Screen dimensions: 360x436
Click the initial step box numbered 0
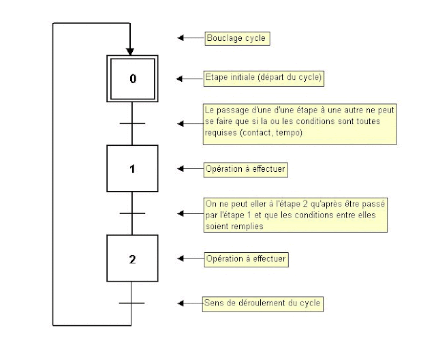pos(132,78)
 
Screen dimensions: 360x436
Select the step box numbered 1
pos(132,168)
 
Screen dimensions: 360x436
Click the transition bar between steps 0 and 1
pos(132,123)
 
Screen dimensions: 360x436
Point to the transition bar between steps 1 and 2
pos(132,213)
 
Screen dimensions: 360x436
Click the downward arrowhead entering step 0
pos(129,50)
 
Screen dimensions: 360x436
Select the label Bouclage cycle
pos(236,38)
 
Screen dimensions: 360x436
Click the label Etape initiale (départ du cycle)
pos(264,78)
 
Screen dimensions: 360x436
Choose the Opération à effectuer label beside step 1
pos(247,168)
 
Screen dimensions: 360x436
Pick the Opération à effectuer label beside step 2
pos(247,259)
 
